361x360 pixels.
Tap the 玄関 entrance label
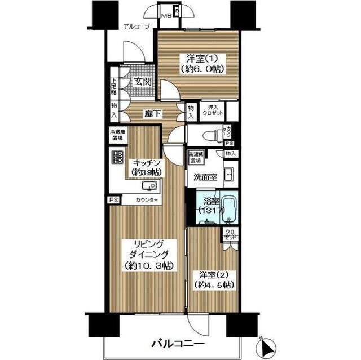pyautogui.click(x=142, y=82)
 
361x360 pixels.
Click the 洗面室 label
pyautogui.click(x=205, y=176)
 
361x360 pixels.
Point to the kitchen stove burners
pyautogui.click(x=117, y=158)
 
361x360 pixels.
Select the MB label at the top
pyautogui.click(x=168, y=15)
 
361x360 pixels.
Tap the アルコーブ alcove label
pyautogui.click(x=137, y=26)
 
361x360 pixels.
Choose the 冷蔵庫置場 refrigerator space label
pyautogui.click(x=117, y=136)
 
